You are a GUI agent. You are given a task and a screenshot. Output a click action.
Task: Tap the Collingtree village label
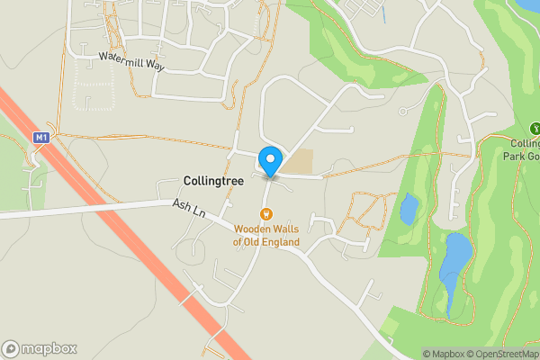[x=213, y=181]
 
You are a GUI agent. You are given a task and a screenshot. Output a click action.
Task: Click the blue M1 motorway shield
[x=40, y=138]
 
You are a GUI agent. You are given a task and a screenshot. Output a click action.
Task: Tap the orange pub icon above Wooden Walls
[x=266, y=214]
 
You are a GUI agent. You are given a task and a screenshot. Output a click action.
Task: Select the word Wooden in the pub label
[x=253, y=229]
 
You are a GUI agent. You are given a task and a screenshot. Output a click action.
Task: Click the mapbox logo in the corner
[x=40, y=348]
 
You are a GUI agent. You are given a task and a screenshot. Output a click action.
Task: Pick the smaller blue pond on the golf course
[x=409, y=209]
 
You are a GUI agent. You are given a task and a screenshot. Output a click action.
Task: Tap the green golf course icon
[x=535, y=129]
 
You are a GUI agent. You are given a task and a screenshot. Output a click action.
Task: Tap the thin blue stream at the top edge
[x=382, y=13]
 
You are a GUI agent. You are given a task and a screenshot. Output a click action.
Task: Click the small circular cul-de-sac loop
[x=403, y=111]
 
